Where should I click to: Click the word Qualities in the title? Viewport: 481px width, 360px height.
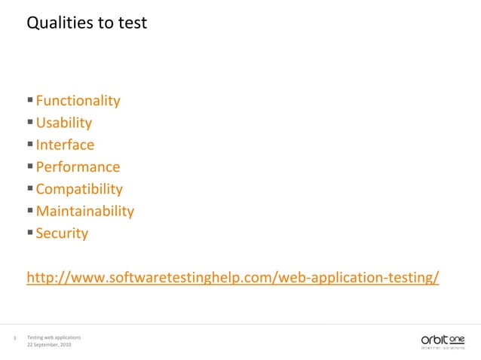pos(57,23)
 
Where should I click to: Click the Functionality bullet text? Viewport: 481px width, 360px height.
pos(78,101)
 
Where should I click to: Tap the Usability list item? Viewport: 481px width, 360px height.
pos(64,123)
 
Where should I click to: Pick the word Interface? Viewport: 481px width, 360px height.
pos(65,145)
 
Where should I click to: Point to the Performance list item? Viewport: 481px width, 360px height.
pos(78,166)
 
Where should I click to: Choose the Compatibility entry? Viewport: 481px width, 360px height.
pos(79,189)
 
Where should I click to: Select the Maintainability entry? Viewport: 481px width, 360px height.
pos(84,211)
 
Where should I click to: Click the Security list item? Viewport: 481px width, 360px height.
pos(62,233)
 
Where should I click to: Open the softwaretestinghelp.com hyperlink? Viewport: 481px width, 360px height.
pos(232,278)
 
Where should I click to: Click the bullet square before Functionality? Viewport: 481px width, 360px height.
pos(29,100)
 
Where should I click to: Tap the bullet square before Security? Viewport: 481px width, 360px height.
pos(29,233)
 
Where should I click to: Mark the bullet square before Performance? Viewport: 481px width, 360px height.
pos(29,166)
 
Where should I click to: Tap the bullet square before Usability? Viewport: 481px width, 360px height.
pos(29,122)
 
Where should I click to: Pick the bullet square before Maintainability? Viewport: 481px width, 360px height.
pos(29,210)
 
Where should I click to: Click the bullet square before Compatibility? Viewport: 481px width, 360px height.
pos(29,188)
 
